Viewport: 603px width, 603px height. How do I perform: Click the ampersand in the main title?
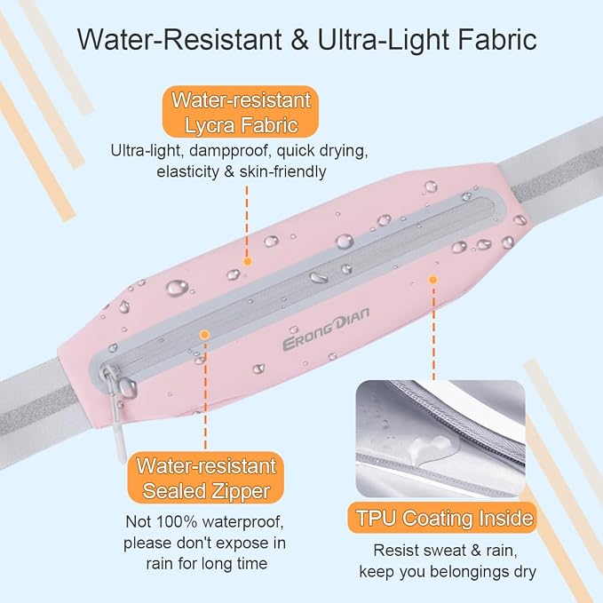point(299,40)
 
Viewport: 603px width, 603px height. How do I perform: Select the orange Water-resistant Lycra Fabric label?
point(241,112)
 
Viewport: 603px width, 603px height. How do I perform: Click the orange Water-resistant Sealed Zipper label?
point(206,478)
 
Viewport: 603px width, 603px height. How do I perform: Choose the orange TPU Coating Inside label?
point(442,518)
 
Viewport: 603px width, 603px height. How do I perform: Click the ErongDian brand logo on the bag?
point(326,329)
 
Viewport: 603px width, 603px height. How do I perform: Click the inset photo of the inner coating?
point(440,439)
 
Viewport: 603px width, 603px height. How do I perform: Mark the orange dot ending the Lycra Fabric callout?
point(247,261)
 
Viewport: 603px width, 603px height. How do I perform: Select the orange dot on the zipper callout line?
point(204,335)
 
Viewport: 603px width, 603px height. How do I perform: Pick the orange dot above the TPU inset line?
point(433,280)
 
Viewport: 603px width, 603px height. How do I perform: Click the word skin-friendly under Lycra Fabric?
point(283,171)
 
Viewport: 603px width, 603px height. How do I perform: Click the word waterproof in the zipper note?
point(243,522)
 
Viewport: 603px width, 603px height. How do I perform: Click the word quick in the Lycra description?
point(296,151)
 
